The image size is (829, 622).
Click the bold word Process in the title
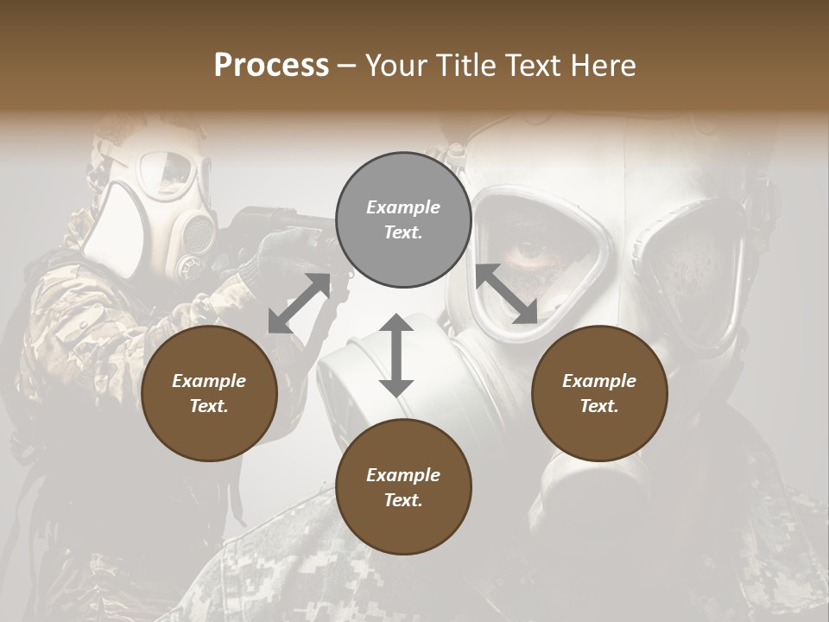coord(271,66)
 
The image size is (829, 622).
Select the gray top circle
coord(403,219)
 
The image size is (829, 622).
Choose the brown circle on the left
coord(209,393)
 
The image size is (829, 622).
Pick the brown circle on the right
coord(599,393)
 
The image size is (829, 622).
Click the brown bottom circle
coord(403,487)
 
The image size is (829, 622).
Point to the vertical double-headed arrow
coord(396,355)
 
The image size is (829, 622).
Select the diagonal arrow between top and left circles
coord(299,303)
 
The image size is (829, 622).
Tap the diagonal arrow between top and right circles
coord(506,294)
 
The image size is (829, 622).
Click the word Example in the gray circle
coord(403,207)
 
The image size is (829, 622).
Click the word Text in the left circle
coord(209,406)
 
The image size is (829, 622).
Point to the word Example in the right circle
coord(599,381)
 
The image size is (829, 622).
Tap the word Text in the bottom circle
coord(403,500)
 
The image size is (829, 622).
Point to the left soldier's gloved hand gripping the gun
coord(276,251)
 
